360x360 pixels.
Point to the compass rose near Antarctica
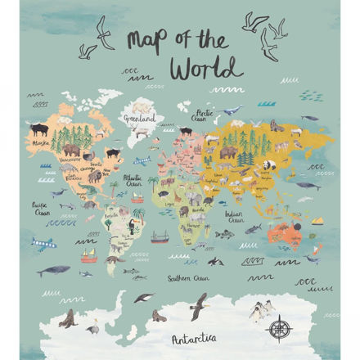click(279, 329)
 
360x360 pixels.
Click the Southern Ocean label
click(190, 278)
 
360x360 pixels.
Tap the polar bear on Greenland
click(142, 107)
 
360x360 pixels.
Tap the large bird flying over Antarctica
click(198, 305)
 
